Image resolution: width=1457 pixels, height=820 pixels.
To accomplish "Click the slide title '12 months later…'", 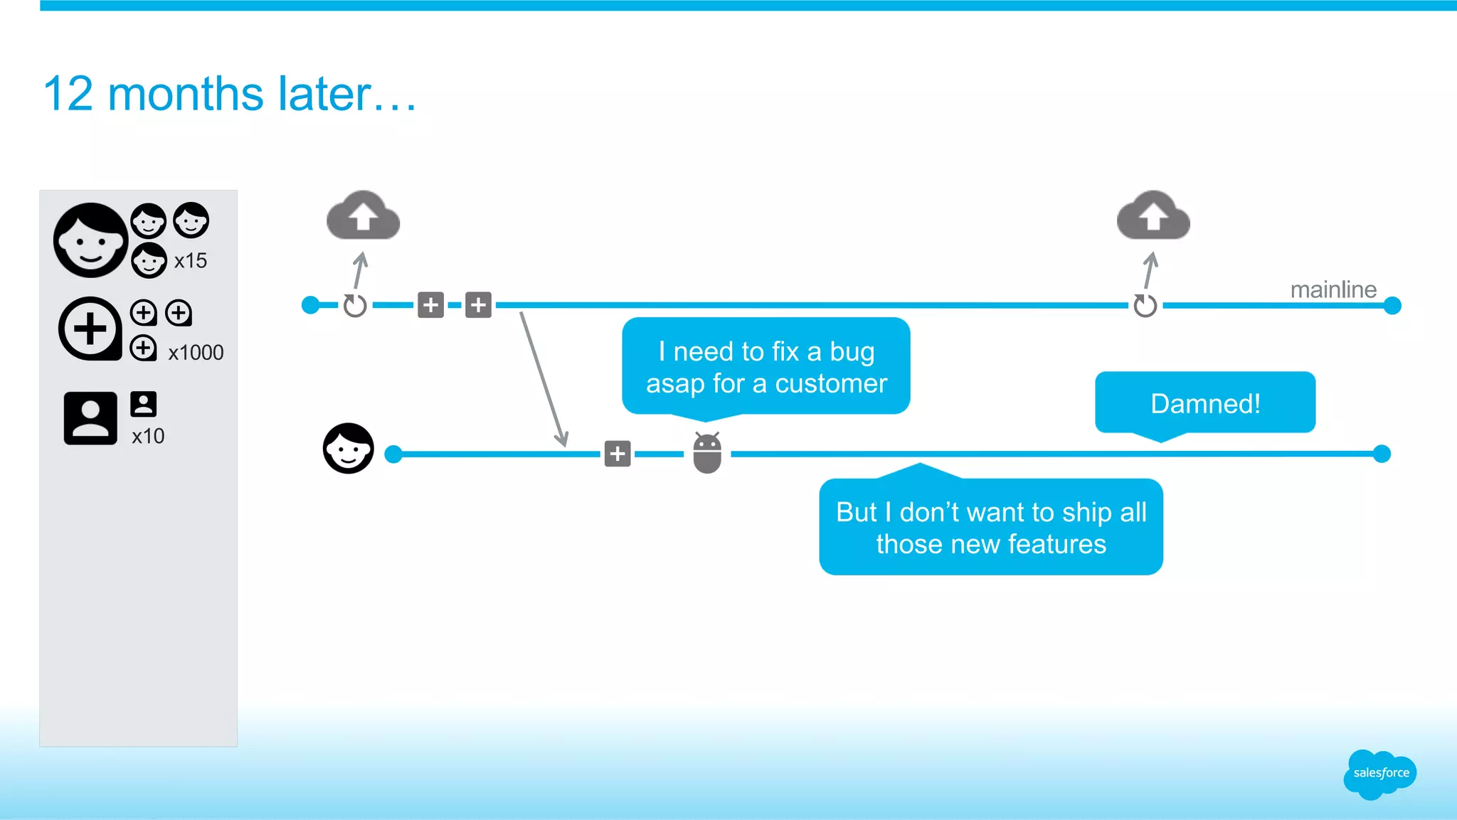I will click(x=229, y=94).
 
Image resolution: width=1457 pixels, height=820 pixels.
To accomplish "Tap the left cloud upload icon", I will click(x=363, y=215).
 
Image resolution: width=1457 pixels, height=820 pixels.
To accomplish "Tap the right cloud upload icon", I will click(x=1153, y=215).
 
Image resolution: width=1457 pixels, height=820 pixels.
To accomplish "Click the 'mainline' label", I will click(x=1333, y=289).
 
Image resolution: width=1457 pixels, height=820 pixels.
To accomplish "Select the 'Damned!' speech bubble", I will click(x=1205, y=403).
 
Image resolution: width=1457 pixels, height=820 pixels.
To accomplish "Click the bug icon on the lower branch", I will click(x=707, y=453).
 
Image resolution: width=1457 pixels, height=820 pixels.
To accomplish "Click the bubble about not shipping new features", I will click(x=990, y=527).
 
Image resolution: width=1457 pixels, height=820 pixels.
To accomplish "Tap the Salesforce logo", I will click(x=1380, y=773).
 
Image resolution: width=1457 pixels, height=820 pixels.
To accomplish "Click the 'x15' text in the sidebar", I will click(x=191, y=261).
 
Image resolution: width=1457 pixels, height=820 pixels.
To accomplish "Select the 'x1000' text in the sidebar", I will click(x=196, y=353).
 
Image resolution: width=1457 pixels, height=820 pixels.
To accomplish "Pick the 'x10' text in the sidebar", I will click(x=148, y=436).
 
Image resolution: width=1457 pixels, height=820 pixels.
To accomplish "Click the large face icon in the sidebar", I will click(x=90, y=240).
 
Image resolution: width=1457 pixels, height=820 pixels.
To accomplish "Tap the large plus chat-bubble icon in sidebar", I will click(x=90, y=329).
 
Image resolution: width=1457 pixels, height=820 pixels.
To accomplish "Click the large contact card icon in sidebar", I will click(x=90, y=418).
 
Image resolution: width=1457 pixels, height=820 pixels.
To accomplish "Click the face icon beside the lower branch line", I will click(x=348, y=449).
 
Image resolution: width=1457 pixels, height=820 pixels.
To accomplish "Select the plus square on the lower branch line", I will click(x=618, y=454).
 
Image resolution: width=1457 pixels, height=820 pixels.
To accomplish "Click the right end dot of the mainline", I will click(x=1392, y=306).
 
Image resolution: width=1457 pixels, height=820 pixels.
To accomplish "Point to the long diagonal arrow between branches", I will click(x=544, y=379).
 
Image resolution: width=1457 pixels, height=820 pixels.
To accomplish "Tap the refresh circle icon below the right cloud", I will click(x=1145, y=306).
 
